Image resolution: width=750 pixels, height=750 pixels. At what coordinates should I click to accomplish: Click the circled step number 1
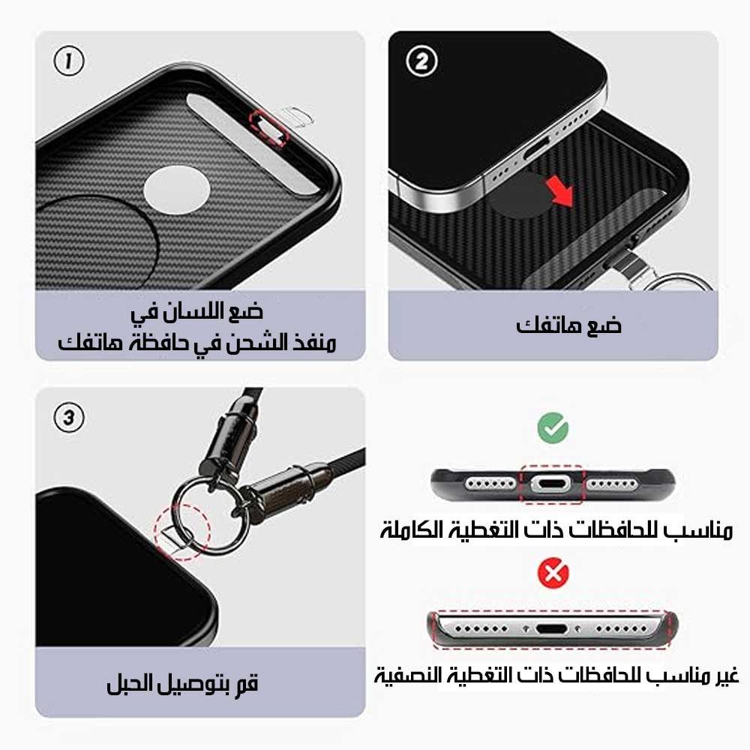[69, 61]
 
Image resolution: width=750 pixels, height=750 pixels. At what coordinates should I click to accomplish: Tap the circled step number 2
[421, 61]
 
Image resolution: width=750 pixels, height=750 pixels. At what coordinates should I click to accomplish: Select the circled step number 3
[69, 417]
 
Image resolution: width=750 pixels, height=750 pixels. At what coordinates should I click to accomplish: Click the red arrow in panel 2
[560, 190]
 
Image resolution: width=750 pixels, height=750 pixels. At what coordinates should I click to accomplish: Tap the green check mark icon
[553, 427]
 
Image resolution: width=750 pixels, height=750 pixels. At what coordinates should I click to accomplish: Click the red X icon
[553, 572]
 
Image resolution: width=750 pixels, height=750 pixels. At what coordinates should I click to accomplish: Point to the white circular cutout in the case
[177, 190]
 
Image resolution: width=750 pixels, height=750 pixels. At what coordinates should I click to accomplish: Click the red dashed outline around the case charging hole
[269, 127]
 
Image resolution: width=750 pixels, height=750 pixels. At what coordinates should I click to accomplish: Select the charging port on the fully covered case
[551, 484]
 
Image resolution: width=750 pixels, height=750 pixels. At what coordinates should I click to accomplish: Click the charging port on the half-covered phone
[552, 628]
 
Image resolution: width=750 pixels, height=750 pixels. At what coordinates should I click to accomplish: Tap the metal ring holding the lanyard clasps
[211, 515]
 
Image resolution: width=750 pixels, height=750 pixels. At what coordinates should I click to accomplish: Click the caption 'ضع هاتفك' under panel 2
[568, 325]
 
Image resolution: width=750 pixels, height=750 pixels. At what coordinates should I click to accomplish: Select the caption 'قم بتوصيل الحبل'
[182, 682]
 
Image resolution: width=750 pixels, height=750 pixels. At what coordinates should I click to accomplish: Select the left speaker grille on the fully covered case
[490, 484]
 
